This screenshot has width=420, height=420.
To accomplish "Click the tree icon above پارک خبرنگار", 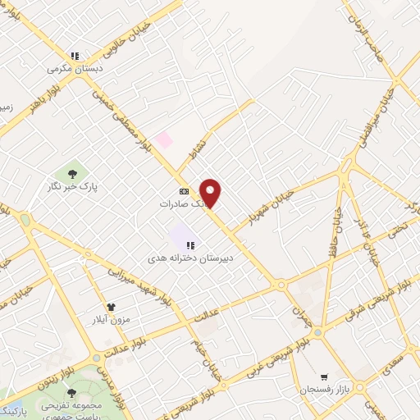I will (x=73, y=173).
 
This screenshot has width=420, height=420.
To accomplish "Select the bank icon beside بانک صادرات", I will (x=183, y=191).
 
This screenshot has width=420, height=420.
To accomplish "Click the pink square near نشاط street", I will (x=164, y=139).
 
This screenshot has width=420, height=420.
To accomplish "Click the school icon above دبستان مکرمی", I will (x=75, y=56).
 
